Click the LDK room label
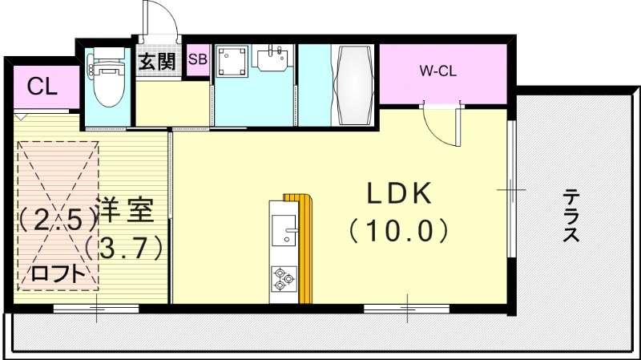coord(401,195)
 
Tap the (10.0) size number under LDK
coord(398,231)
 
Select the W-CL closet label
coord(438,71)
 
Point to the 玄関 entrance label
coord(157,63)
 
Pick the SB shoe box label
coord(197,59)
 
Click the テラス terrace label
coord(570,215)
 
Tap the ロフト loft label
coord(58,273)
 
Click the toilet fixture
coord(106,80)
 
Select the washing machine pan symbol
coord(234,62)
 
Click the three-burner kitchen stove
coord(283,278)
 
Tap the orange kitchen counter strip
coord(303,249)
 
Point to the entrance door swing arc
coord(154,18)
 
